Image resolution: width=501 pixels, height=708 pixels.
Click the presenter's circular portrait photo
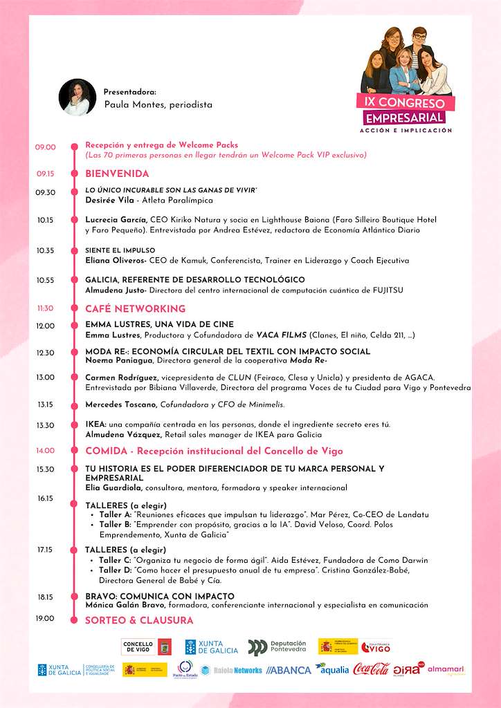(x=78, y=97)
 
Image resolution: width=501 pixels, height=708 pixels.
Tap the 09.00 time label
(x=46, y=147)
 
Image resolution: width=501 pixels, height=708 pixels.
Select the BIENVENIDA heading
(x=117, y=174)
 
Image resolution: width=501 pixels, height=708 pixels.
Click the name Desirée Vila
(x=109, y=200)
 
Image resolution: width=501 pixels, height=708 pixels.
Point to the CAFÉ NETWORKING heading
(x=135, y=308)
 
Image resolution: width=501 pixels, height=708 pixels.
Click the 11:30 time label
(x=46, y=308)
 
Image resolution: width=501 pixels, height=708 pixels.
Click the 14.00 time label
(x=46, y=451)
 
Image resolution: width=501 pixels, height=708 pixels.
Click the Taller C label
(x=115, y=560)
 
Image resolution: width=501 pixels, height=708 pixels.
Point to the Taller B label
(x=115, y=525)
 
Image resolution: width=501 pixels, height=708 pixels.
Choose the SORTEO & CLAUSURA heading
(x=139, y=621)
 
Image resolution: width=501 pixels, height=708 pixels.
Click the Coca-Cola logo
(x=372, y=669)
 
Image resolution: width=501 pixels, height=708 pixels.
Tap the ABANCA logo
(x=289, y=670)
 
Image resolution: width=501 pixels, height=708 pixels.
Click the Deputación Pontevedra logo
(x=277, y=646)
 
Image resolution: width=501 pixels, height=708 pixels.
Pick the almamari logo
(x=446, y=669)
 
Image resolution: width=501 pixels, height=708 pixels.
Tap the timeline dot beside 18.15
(x=73, y=597)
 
